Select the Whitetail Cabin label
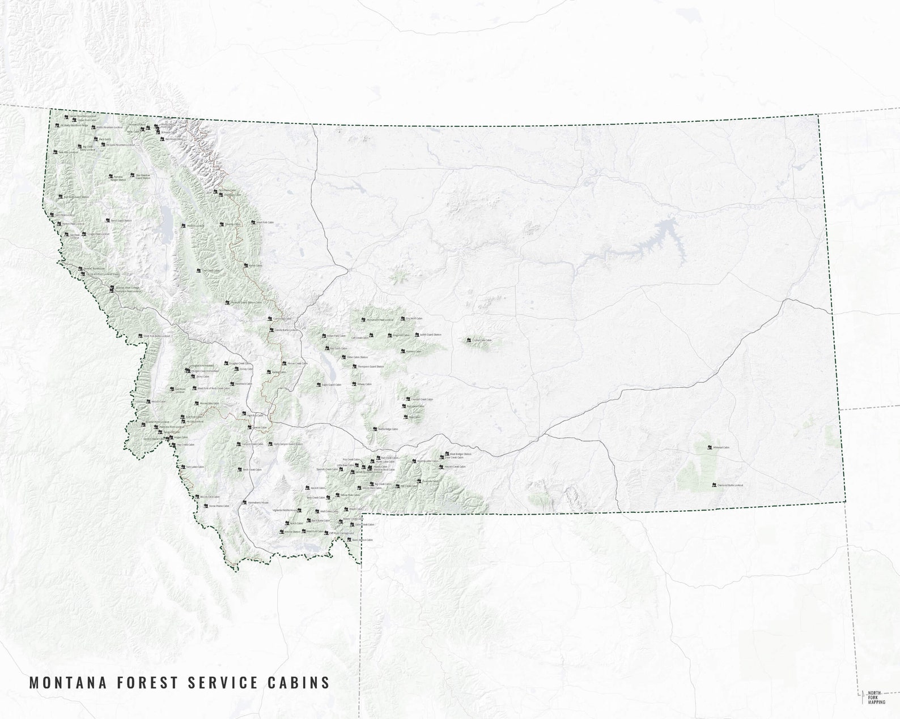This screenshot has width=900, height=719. click(721, 448)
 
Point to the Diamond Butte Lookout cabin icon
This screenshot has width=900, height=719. click(714, 485)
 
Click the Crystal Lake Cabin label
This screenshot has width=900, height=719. click(482, 340)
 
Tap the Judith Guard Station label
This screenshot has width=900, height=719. click(430, 335)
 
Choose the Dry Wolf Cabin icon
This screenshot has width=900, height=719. click(402, 319)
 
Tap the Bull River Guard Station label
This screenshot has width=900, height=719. click(76, 198)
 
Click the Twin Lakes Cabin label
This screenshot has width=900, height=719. click(194, 468)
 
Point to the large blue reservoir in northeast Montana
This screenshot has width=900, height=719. click(660, 238)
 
